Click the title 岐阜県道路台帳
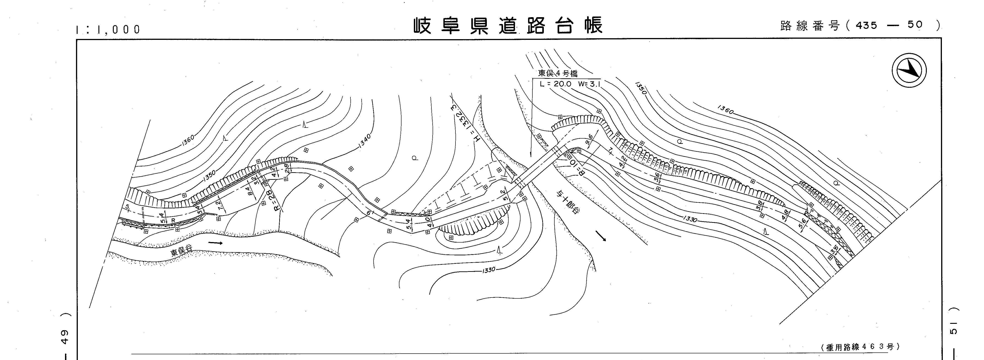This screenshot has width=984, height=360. (x=508, y=26)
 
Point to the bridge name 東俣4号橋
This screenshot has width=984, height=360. (x=558, y=73)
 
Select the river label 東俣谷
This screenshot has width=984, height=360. (x=182, y=251)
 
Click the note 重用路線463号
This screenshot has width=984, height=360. (x=860, y=347)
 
